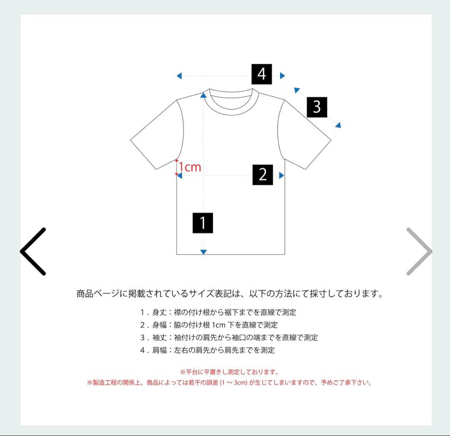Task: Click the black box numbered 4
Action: (262, 74)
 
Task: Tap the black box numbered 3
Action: (317, 107)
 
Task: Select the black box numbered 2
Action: (262, 175)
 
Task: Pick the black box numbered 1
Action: (203, 223)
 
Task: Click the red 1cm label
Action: (190, 167)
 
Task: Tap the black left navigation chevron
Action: (33, 251)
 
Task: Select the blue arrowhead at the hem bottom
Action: (203, 252)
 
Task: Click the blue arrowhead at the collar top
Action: (203, 95)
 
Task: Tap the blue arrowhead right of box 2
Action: (282, 175)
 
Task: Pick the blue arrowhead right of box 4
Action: (282, 75)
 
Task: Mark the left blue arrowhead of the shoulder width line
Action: (179, 76)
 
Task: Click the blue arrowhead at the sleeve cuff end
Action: (338, 125)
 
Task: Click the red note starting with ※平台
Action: (229, 372)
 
